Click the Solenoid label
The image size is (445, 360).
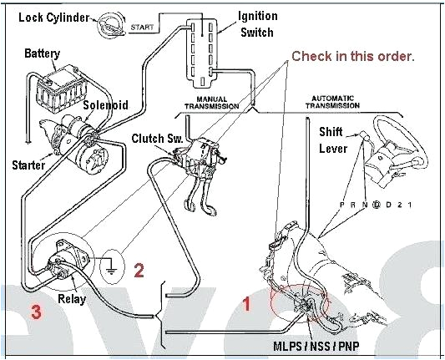tap(105, 106)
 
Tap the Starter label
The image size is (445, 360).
tap(28, 165)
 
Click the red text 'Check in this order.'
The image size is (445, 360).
tap(352, 56)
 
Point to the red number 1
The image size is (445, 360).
tap(245, 305)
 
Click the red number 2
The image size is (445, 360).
tap(139, 269)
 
